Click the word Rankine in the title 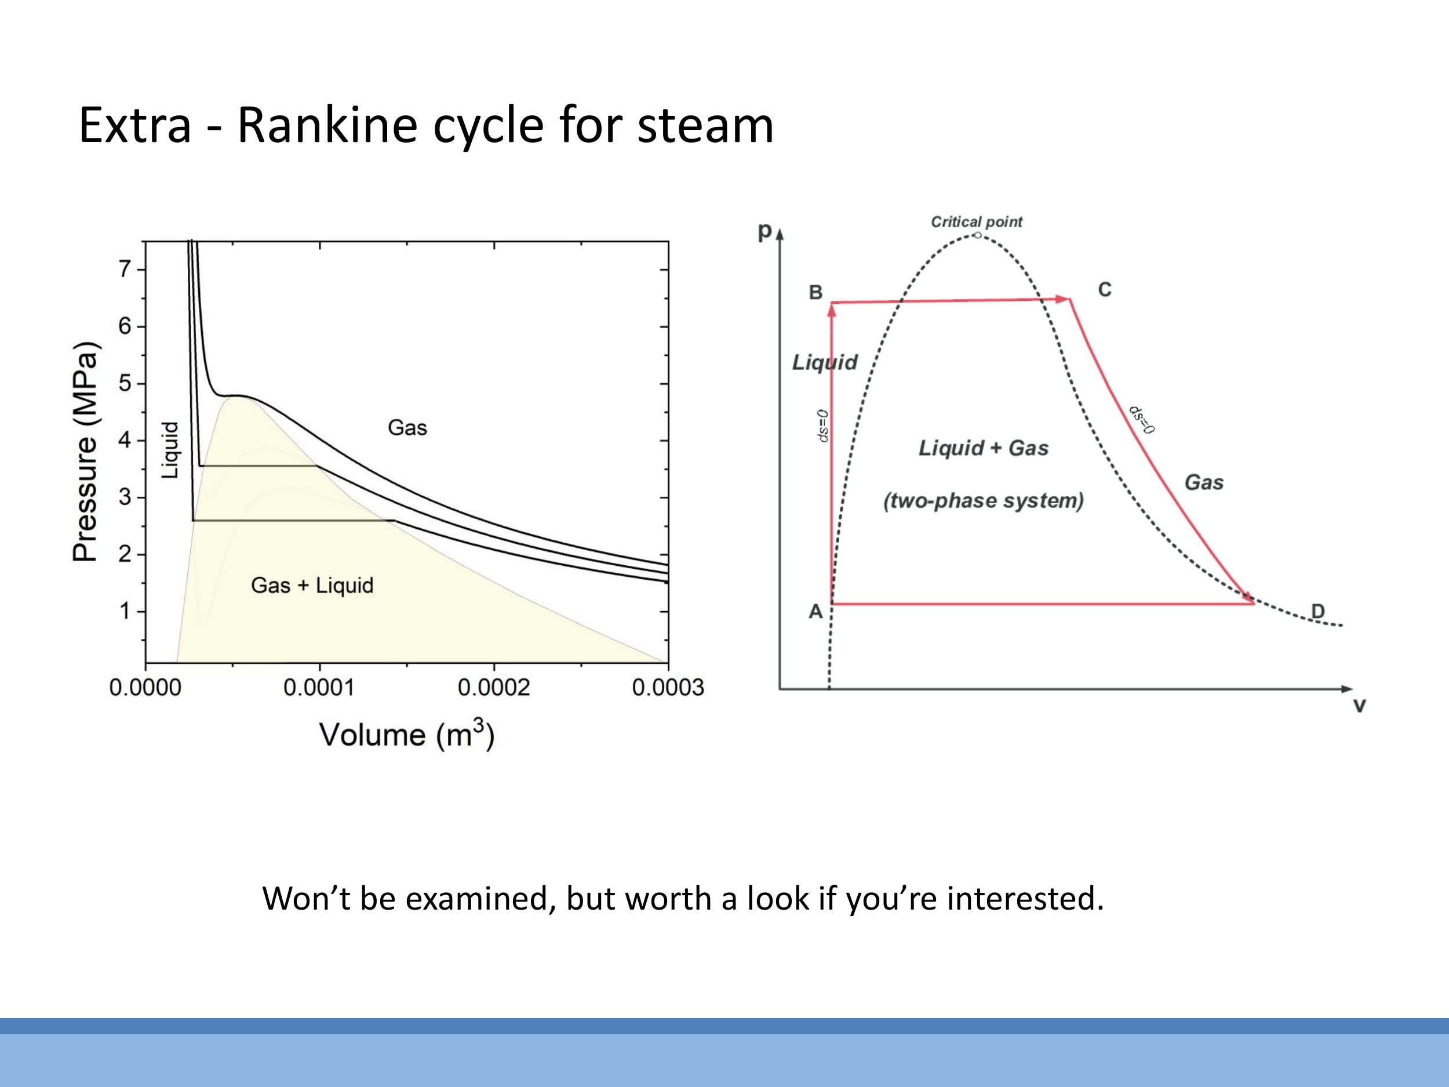[x=326, y=125]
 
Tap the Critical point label [x=976, y=222]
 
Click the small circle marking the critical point [x=977, y=235]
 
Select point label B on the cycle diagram [x=815, y=292]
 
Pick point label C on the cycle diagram [x=1105, y=290]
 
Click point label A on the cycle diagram [x=815, y=611]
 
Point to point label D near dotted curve [x=1317, y=611]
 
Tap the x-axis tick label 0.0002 [x=493, y=688]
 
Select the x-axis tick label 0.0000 [x=145, y=688]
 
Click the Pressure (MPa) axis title [x=86, y=452]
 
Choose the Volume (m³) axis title [x=407, y=735]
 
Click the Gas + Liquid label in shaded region [x=312, y=585]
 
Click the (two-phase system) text [x=983, y=500]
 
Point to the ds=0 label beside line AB [x=824, y=426]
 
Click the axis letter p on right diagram [x=764, y=231]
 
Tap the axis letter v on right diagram [x=1359, y=706]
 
